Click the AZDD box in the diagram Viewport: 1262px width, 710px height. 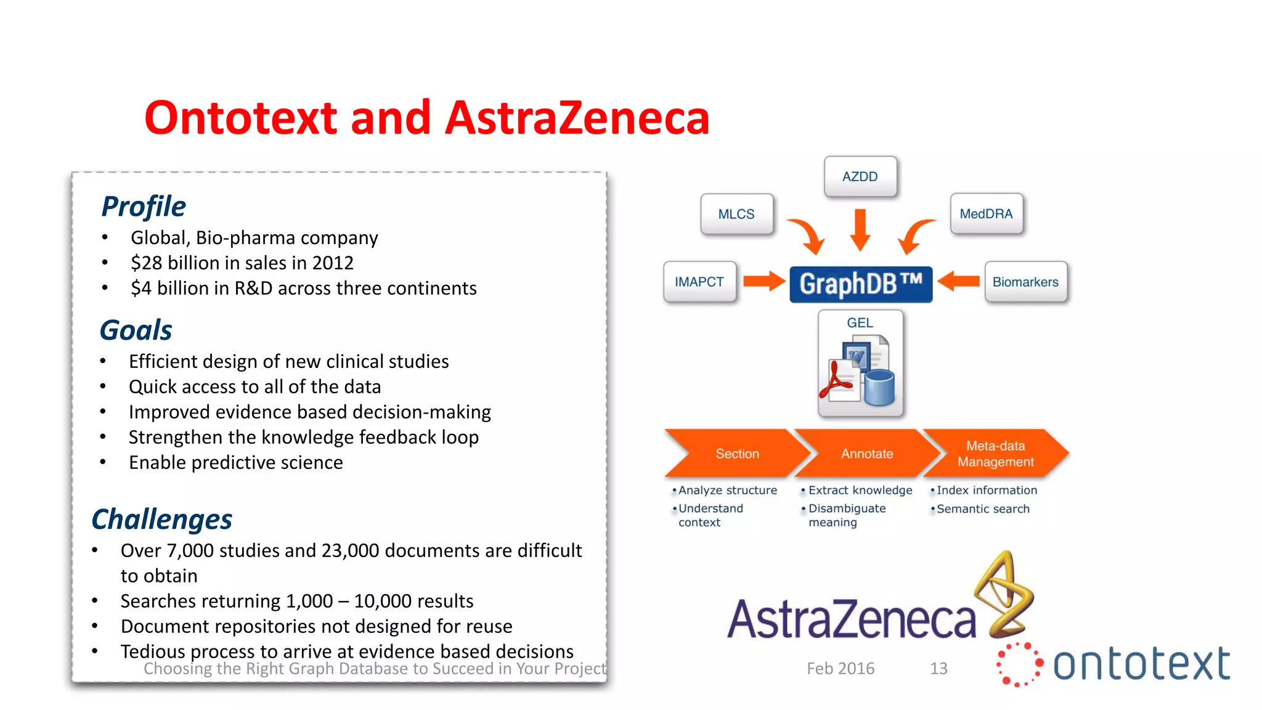(x=860, y=176)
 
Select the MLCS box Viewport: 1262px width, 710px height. (x=736, y=214)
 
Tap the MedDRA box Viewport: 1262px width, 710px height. (x=986, y=214)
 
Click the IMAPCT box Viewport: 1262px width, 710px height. (x=699, y=282)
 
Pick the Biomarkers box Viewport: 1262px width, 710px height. (x=1025, y=282)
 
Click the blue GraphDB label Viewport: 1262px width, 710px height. (x=861, y=284)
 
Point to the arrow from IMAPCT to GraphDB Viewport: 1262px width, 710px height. (x=764, y=282)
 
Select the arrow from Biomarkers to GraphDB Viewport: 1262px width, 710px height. (x=959, y=282)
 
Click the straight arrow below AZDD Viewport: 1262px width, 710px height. (x=860, y=229)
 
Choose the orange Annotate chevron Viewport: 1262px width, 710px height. (x=867, y=454)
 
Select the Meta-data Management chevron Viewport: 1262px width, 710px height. (x=995, y=454)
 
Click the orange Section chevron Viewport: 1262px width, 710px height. (x=737, y=454)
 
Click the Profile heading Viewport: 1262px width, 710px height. (x=144, y=206)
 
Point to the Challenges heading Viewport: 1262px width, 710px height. (x=161, y=519)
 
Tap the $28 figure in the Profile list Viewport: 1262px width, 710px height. (x=146, y=263)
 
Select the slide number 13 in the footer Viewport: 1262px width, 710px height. (x=938, y=668)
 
